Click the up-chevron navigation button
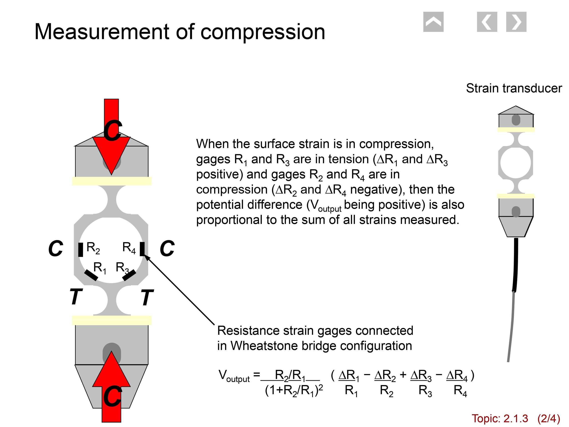pos(433,22)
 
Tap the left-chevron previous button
pos(487,22)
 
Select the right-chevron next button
pos(516,22)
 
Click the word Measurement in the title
pos(102,32)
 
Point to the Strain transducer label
pos(514,88)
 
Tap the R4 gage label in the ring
pos(129,248)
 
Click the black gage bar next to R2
pos(81,249)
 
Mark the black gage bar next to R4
pos(142,249)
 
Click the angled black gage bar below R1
pos(91,275)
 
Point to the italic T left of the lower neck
pos(76,297)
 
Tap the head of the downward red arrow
pos(111,154)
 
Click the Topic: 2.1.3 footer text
pos(500,419)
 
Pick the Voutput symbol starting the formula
pos(234,376)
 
